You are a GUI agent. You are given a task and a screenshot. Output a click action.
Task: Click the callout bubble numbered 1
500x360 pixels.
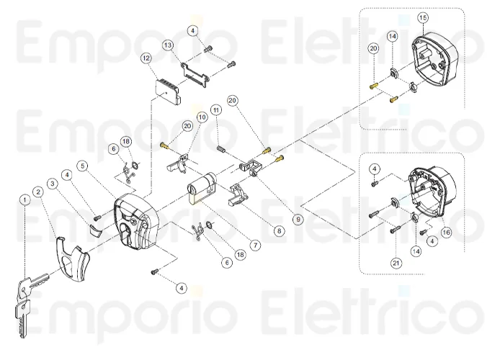(25, 200)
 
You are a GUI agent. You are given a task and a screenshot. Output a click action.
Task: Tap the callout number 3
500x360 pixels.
(53, 184)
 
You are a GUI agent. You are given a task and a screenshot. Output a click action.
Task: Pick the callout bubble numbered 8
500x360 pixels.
(279, 232)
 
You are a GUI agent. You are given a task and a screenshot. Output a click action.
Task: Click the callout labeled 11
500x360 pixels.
(215, 109)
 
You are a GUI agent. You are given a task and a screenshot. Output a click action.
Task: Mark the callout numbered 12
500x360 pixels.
(146, 58)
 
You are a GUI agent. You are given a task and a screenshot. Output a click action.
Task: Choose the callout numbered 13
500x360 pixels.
(168, 45)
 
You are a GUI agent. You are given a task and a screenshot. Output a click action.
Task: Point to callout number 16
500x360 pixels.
(446, 232)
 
